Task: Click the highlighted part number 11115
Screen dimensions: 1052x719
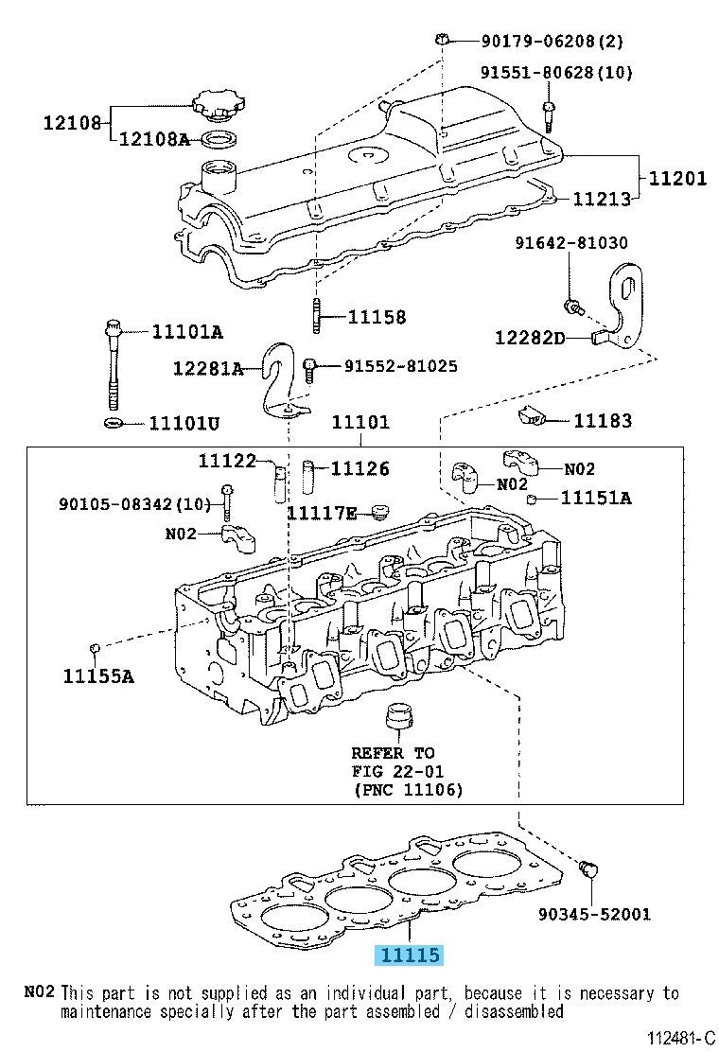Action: [x=410, y=955]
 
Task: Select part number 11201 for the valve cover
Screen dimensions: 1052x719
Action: [x=676, y=177]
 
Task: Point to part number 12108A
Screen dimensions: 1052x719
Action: [x=153, y=140]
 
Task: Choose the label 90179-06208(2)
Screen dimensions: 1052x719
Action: [x=539, y=41]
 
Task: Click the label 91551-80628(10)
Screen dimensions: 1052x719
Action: [x=556, y=72]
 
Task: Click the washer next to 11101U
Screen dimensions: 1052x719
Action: [x=112, y=420]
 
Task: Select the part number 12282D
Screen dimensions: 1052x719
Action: [x=529, y=337]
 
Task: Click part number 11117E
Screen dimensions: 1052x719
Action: [x=322, y=513]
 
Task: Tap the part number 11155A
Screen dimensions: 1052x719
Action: [x=98, y=675]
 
